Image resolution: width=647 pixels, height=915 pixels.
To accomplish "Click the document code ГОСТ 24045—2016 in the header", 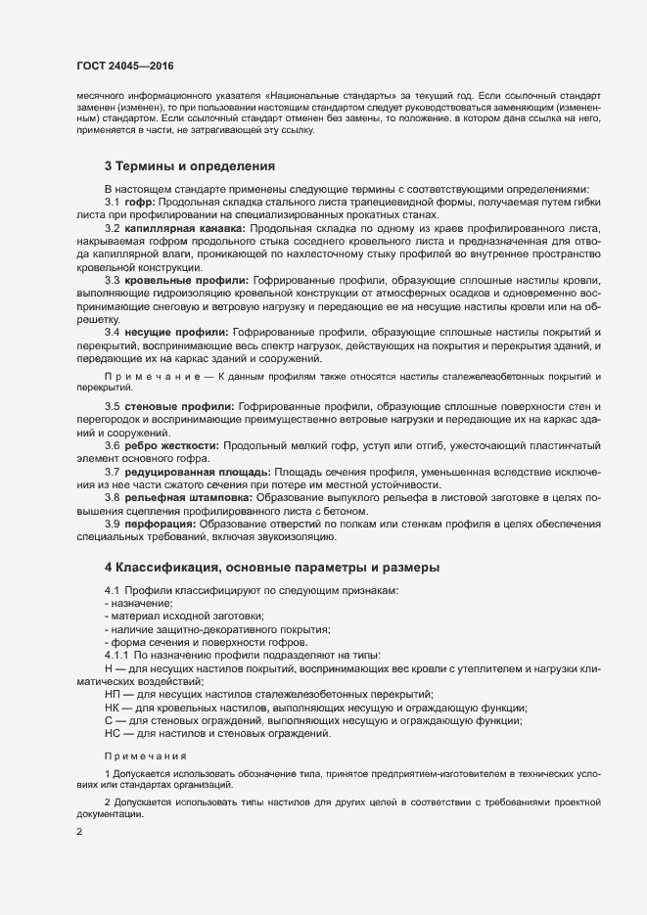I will coord(124,65).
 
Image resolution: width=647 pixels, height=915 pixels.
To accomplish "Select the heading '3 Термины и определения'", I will coord(190,166).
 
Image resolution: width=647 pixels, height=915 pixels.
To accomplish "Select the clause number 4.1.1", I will coord(116,655).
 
